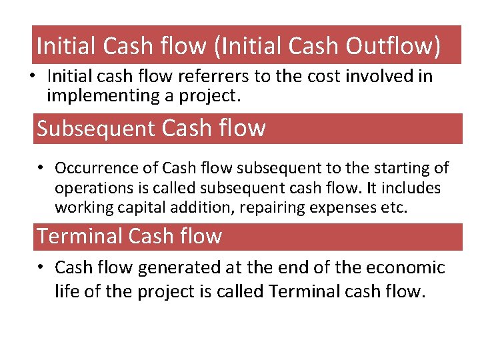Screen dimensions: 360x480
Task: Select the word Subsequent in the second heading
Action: [x=96, y=128]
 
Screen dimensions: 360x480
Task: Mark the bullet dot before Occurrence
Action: [x=41, y=168]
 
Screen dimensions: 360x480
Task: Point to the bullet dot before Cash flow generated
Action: [x=41, y=267]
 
